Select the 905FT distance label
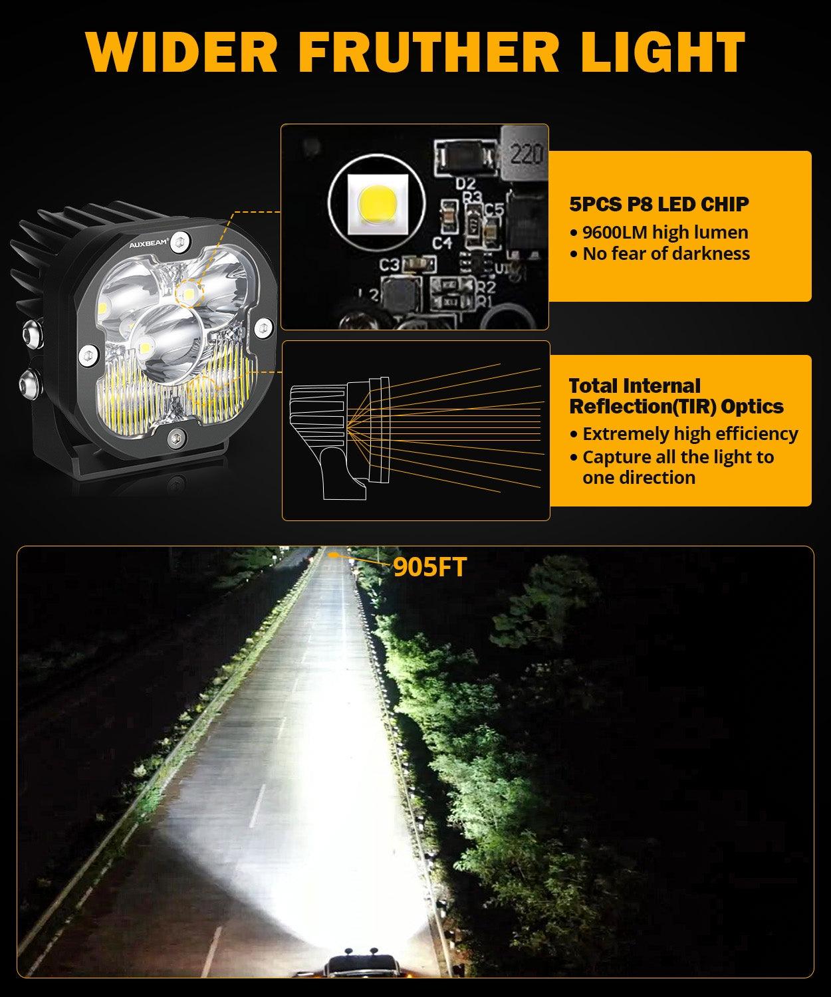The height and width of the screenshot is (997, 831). tap(429, 566)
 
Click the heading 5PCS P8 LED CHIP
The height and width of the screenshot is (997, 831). tap(659, 203)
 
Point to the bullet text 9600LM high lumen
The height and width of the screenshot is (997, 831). tap(665, 232)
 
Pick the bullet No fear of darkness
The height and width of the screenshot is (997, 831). tap(665, 253)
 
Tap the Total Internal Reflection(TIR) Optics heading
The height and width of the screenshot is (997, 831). tap(675, 396)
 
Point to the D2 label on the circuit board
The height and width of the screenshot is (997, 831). tap(467, 182)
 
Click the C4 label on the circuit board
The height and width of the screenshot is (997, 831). tap(442, 242)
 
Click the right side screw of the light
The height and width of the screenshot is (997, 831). tap(264, 326)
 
